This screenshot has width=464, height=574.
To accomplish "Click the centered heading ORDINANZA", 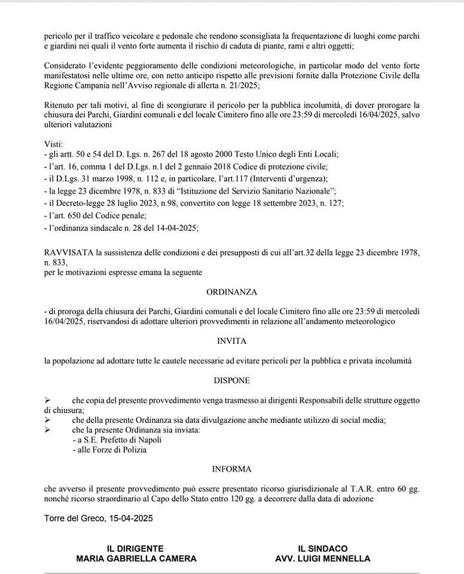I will pos(231,292).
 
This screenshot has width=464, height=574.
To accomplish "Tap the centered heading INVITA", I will pos(231,341).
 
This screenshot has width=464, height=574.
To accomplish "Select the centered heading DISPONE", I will pos(231,380).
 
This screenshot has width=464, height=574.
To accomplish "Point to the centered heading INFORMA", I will pos(231,469).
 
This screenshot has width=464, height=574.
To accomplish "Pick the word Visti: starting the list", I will pos(54,145).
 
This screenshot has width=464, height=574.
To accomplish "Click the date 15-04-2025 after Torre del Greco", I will pos(131,518).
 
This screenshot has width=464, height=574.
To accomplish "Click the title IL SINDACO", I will pos(323,548).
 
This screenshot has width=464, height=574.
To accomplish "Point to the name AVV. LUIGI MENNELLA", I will pos(323,559).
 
